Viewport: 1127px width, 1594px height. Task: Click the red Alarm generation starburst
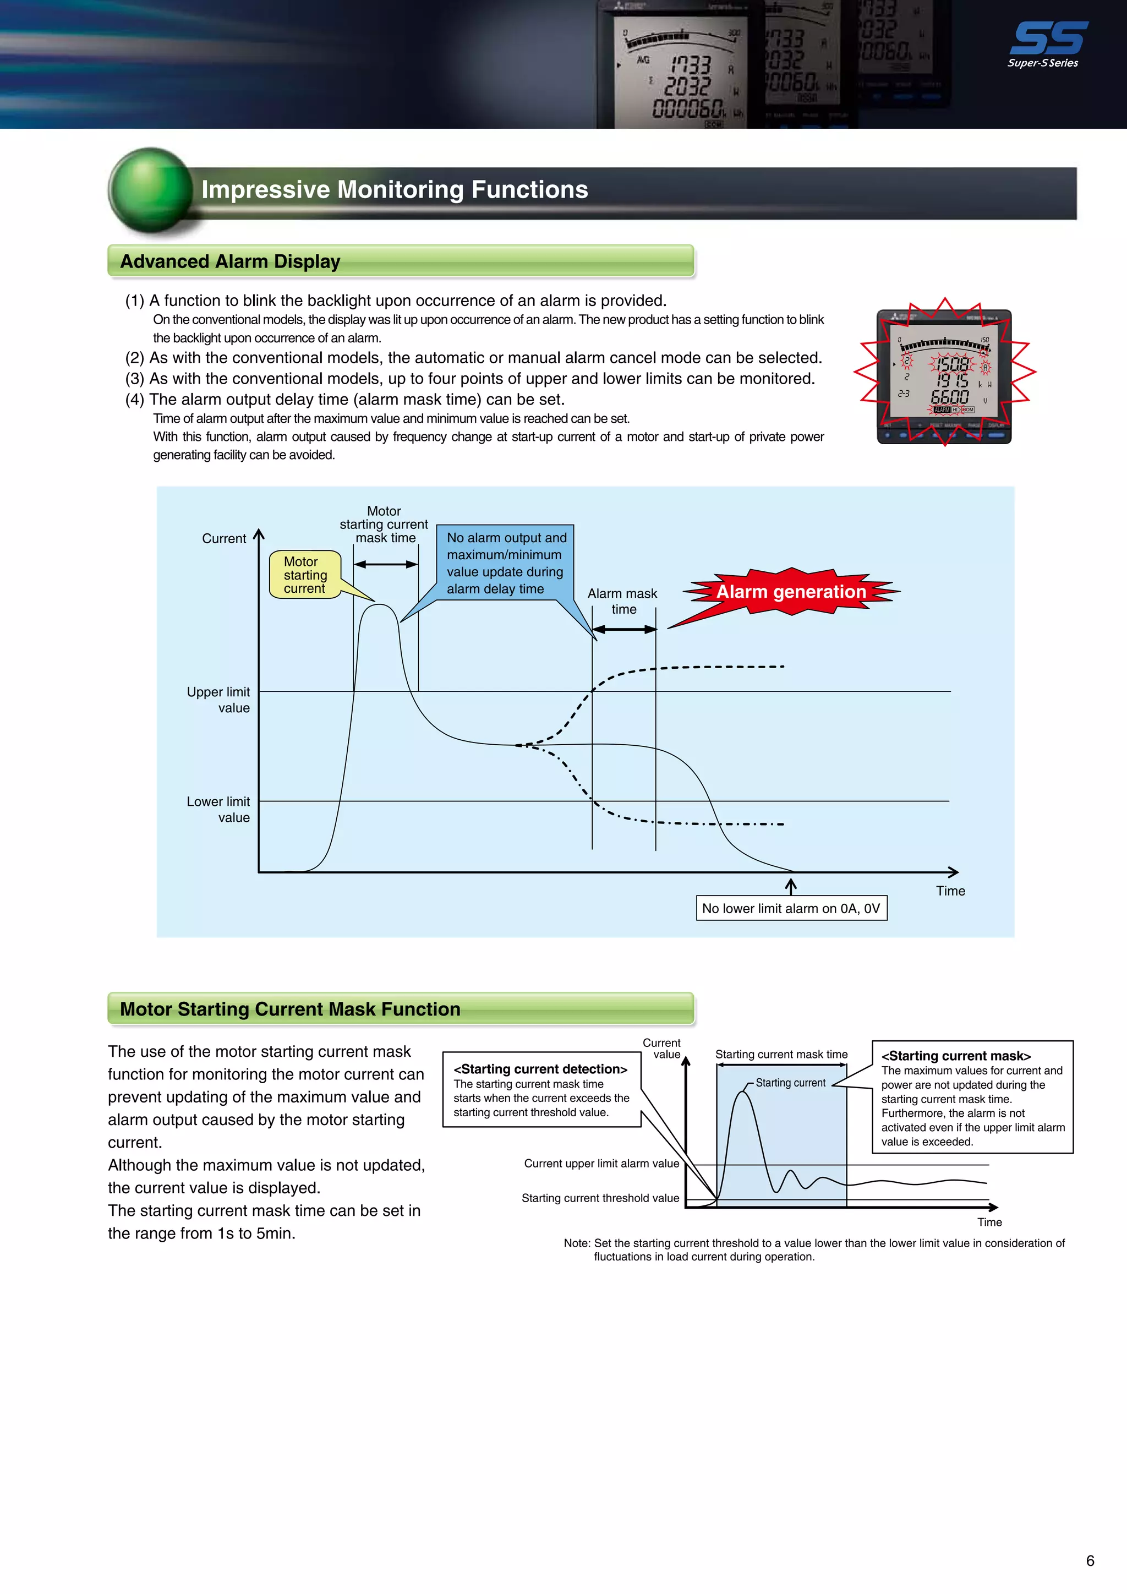[791, 592]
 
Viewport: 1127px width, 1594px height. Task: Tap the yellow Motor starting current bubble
[305, 575]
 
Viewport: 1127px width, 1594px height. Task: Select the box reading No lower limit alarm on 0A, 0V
[791, 908]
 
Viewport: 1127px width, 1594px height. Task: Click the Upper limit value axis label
[218, 700]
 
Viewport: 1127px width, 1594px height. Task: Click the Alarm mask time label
[622, 601]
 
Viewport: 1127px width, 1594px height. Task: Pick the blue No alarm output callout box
[506, 563]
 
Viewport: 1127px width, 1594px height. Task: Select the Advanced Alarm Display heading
[231, 262]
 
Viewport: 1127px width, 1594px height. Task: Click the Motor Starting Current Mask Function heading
[290, 1009]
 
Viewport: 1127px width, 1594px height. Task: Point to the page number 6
[1090, 1560]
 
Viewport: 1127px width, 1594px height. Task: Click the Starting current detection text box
[541, 1089]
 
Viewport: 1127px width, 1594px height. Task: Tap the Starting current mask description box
[972, 1097]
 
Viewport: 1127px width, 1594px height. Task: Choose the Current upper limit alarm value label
[601, 1164]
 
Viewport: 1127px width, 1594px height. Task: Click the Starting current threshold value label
[600, 1198]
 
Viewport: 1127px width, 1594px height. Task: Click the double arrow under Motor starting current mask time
[386, 564]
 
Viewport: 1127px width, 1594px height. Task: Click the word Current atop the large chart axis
[223, 539]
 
